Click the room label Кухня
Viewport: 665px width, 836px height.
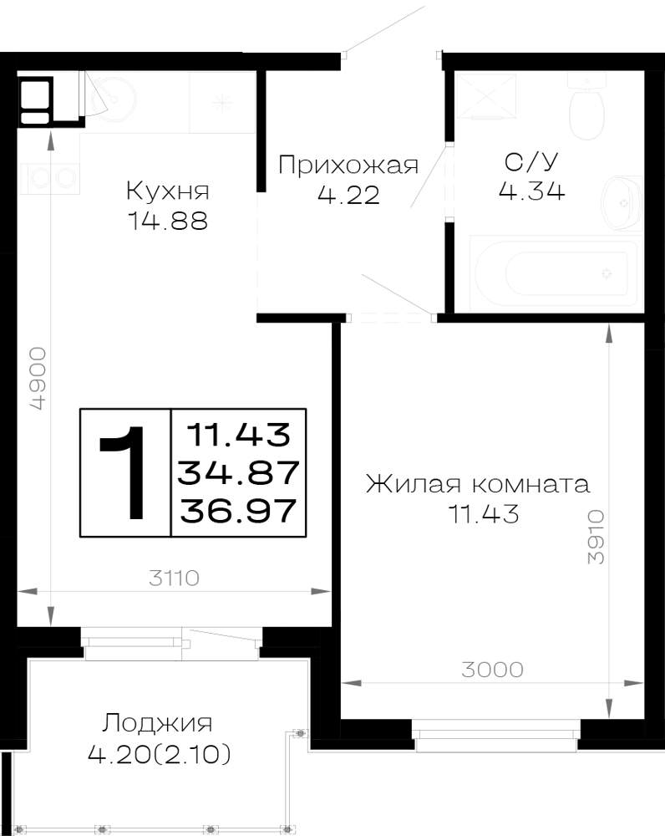coord(168,191)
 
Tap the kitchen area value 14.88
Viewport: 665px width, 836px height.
coord(168,221)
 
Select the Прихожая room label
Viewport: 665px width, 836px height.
coord(348,166)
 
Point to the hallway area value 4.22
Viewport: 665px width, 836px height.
coord(348,195)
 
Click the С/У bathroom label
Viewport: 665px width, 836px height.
coord(531,161)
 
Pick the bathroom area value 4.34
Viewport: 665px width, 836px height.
coord(531,191)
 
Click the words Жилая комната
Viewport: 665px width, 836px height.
coord(478,484)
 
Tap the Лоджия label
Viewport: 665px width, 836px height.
coord(157,724)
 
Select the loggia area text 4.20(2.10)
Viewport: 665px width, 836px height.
coord(160,754)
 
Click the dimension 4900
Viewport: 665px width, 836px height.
coord(38,379)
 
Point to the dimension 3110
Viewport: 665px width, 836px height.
coord(175,578)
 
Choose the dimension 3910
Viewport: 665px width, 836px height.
coord(596,537)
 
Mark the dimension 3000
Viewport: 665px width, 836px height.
coord(492,669)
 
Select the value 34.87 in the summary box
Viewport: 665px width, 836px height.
coord(237,472)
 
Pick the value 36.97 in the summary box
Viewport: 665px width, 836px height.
coord(237,510)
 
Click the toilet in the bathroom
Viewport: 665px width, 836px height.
coord(586,107)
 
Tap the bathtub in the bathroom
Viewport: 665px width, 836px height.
coord(555,273)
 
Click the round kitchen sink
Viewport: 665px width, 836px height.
coord(114,99)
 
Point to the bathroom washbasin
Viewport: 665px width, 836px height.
coord(622,203)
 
